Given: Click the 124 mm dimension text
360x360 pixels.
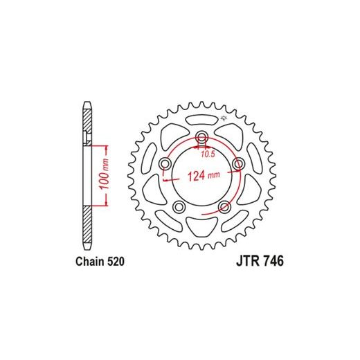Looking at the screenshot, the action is (204, 176).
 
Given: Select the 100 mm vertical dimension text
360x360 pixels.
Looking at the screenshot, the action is (105, 174).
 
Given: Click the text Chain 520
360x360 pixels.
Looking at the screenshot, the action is (100, 262).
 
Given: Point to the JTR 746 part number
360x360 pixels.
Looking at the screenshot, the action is (260, 261).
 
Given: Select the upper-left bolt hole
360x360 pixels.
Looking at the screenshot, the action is (165, 164).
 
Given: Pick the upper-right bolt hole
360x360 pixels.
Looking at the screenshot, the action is (238, 164).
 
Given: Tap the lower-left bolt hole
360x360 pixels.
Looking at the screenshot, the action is (179, 207).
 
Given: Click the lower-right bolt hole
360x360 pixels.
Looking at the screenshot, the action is (224, 207).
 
